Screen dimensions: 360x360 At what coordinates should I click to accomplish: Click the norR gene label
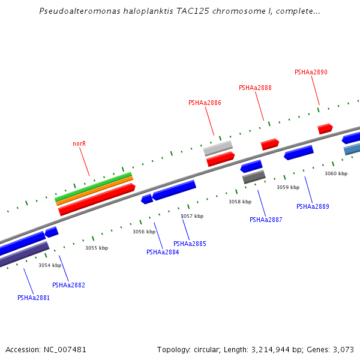pos(79,144)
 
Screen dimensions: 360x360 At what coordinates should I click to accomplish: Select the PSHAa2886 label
pos(205,103)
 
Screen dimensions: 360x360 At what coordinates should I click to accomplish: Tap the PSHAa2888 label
pos(255,88)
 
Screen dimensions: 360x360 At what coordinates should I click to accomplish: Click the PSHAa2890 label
pos(311,73)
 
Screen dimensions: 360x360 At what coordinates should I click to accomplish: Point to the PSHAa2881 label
pos(34,298)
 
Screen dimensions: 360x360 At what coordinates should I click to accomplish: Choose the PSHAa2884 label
pos(163,252)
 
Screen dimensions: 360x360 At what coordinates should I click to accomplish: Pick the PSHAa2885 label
pos(190,244)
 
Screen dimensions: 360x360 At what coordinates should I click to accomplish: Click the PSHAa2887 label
pos(266,220)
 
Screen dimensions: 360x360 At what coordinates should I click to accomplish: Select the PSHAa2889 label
pos(313,206)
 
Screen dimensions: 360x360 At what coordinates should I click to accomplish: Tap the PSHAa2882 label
pos(68,286)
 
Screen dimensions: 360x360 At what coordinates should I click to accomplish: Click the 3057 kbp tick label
pos(192,216)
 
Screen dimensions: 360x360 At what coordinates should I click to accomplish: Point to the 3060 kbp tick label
pos(336,173)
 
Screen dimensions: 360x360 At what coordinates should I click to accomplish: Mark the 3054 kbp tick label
pos(50,265)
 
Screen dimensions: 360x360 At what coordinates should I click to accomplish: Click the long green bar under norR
pos(93,186)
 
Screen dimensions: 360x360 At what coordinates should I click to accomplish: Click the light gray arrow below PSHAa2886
pos(218,148)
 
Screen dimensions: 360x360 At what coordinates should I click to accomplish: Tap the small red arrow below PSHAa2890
pos(325,128)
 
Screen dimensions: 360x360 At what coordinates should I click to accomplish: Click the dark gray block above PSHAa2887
pos(254,177)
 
